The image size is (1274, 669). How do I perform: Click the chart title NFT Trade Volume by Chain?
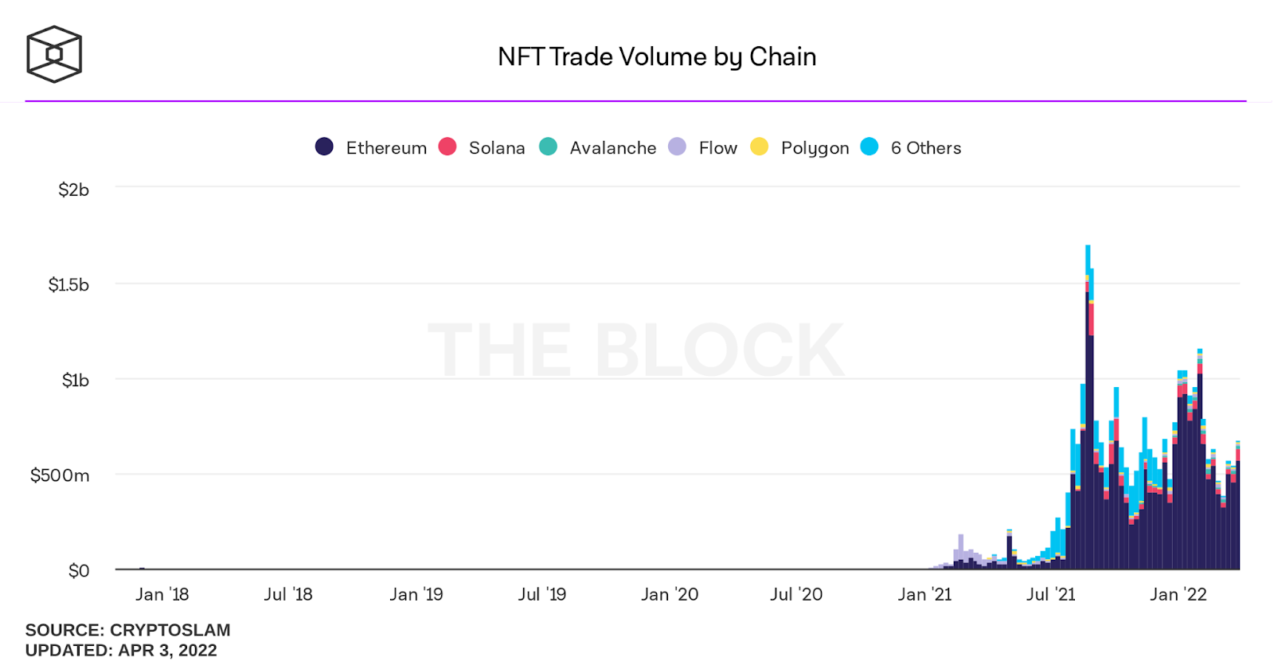[x=657, y=57]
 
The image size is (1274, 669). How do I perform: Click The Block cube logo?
[x=54, y=54]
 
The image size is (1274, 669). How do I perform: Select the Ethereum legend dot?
[x=324, y=147]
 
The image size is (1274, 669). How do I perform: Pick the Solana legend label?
[x=497, y=148]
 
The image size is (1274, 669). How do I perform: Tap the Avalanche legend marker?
[x=548, y=147]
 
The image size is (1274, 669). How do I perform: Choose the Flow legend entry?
[x=717, y=148]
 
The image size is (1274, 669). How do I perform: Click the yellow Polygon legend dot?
[x=760, y=147]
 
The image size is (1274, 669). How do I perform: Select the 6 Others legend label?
[x=926, y=148]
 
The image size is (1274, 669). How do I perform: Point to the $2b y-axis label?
[x=73, y=190]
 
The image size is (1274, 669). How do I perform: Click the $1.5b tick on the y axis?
[x=68, y=285]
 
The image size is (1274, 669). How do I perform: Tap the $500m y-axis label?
[x=60, y=475]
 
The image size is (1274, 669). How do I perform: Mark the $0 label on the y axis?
[x=79, y=570]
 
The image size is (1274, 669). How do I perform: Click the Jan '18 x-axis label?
[x=162, y=594]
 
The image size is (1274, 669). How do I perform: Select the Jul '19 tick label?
[x=542, y=594]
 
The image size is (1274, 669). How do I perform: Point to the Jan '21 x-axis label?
[x=924, y=594]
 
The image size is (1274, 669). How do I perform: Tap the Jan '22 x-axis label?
[x=1178, y=594]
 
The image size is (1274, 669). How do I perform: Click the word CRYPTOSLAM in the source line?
[x=170, y=630]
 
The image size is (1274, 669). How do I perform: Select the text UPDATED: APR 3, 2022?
[x=121, y=650]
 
